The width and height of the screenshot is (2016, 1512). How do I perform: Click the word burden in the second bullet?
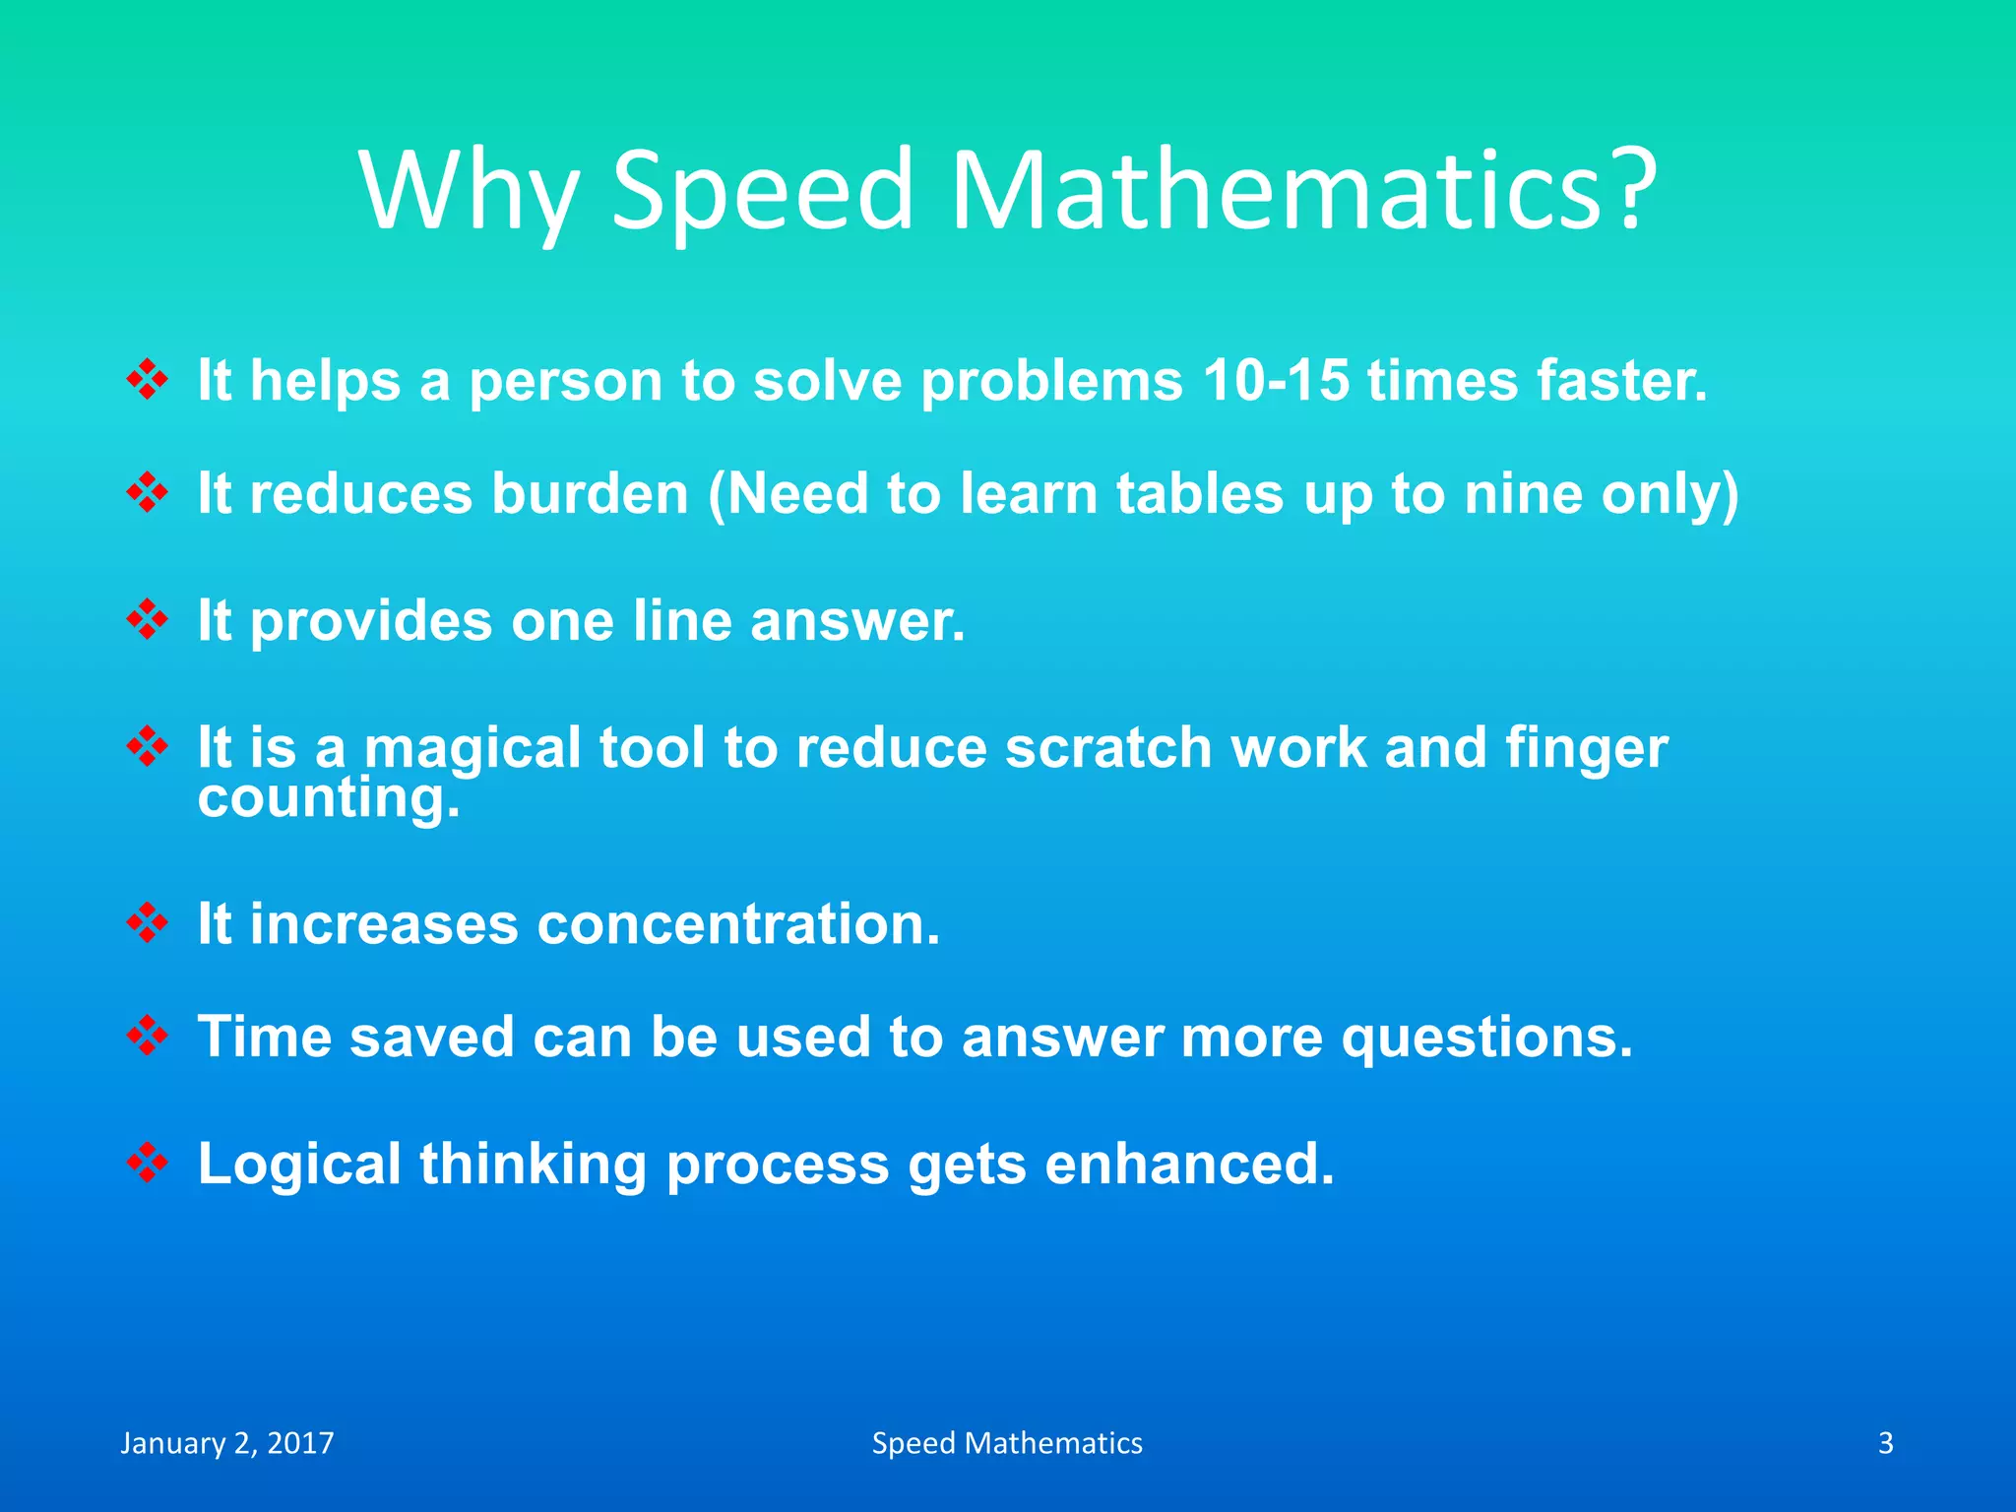[x=590, y=493]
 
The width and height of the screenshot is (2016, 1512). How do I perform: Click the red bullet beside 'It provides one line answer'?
[x=148, y=619]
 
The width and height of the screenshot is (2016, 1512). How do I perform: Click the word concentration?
[x=738, y=924]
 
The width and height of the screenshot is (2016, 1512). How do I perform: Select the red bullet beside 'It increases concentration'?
[x=148, y=923]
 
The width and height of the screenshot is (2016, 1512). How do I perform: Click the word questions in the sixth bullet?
[x=1486, y=1038]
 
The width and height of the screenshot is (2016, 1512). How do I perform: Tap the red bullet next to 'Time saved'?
[x=148, y=1036]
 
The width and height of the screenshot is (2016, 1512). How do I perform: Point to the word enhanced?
[x=1189, y=1164]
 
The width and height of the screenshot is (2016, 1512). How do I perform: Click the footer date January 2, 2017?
[x=227, y=1443]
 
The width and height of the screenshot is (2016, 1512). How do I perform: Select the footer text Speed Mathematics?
[x=1007, y=1443]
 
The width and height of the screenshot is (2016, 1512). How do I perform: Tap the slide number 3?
[x=1885, y=1443]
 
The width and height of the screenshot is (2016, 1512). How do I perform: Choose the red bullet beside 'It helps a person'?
[x=148, y=380]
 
